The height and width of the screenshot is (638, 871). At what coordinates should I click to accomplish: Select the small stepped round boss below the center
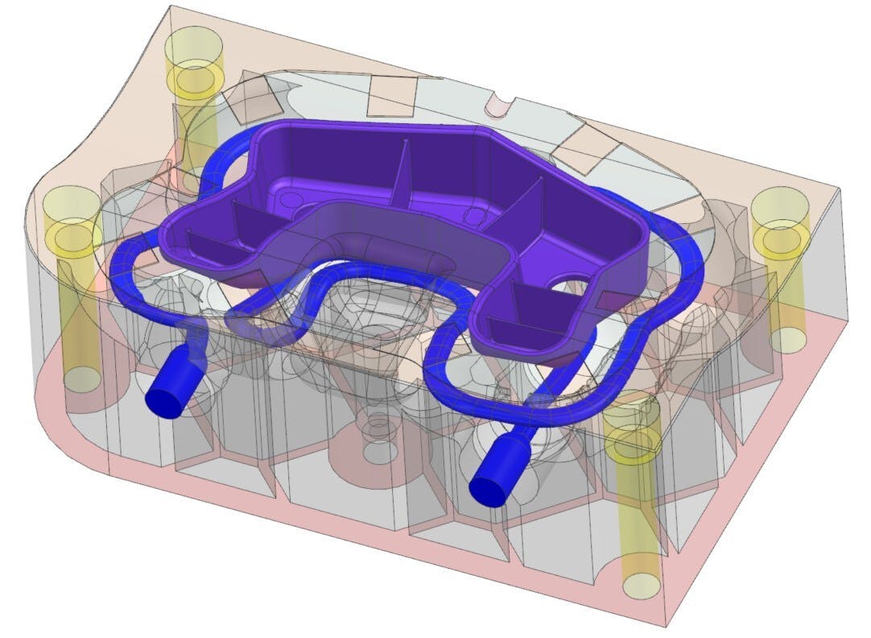tap(375, 425)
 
